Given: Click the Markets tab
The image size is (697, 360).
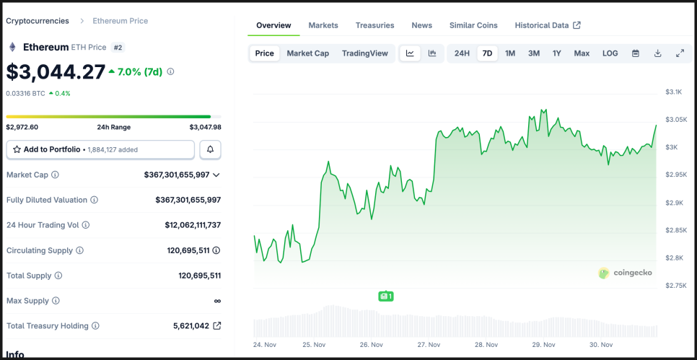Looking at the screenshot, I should point(323,25).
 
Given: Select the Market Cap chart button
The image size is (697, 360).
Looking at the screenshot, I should point(307,53).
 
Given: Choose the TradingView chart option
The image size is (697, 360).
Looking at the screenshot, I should point(364,53).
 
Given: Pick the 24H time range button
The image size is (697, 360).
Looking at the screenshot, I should point(462,53).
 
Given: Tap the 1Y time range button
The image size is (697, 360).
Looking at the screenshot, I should point(556,53).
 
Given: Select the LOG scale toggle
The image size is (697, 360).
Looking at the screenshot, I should point(610,53).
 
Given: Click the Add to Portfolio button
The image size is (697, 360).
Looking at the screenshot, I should point(100,149).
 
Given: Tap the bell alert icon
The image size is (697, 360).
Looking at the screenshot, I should point(210,149).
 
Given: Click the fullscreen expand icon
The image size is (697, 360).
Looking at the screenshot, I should point(680,53).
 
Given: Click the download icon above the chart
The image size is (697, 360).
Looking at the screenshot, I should point(657,53).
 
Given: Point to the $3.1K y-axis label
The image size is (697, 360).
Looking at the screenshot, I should point(673,92).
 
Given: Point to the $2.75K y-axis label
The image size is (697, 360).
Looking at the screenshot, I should point(675,286).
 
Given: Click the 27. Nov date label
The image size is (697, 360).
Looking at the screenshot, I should point(429,345).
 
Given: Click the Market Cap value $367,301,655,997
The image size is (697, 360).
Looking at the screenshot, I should point(177,175).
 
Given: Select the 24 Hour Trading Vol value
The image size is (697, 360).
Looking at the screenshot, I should point(193,225).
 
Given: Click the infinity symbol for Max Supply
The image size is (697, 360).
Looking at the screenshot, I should point(217,301).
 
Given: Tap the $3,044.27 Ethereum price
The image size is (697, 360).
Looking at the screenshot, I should point(56,71).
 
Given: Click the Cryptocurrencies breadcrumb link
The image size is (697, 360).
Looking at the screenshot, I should point(38,21).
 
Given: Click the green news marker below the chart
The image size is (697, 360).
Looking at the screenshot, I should point(386,296).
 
